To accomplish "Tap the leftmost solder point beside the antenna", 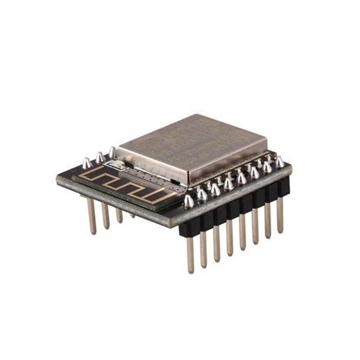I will pos(87,163).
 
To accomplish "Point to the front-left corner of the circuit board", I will pos(58,180).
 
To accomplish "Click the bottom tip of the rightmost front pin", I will pos(280,231).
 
